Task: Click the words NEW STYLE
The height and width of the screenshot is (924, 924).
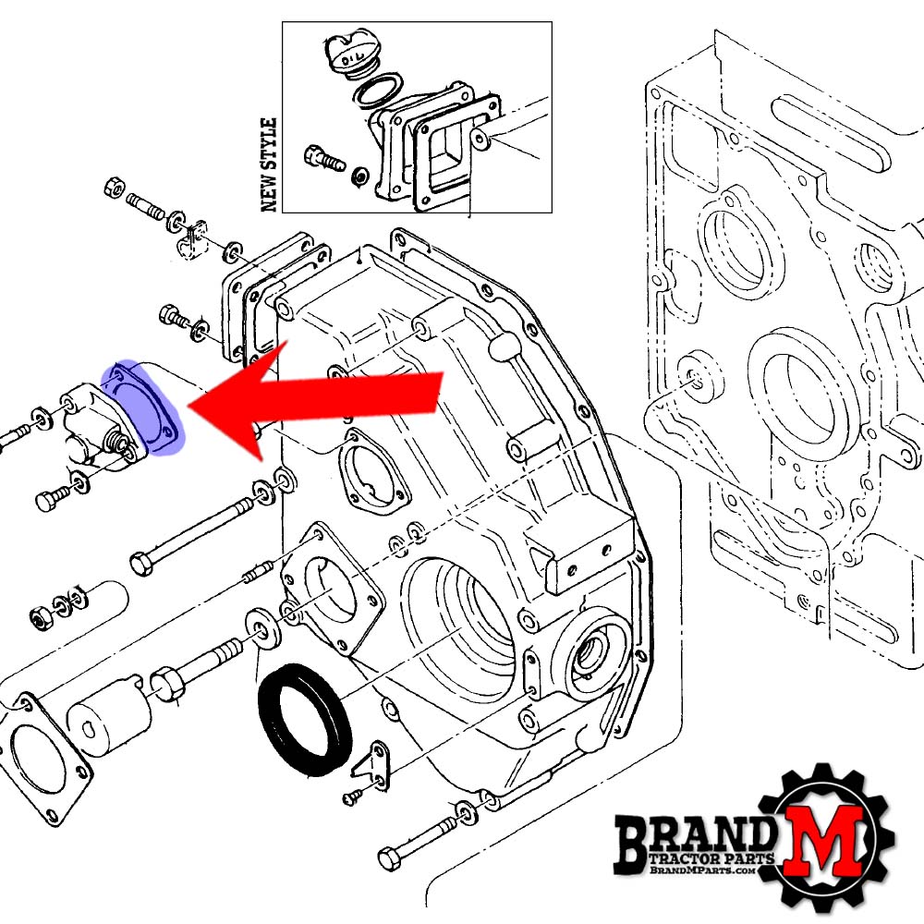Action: pyautogui.click(x=269, y=164)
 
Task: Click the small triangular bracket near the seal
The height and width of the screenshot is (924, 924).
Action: pyautogui.click(x=371, y=762)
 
